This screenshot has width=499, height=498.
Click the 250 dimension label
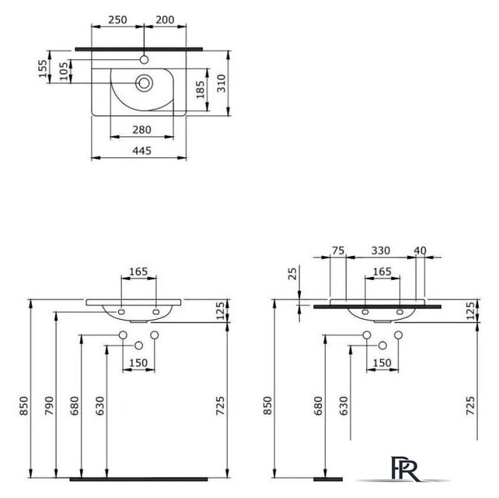(117, 19)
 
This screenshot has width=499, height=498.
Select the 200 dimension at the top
(165, 19)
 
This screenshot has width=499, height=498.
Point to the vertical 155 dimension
(43, 68)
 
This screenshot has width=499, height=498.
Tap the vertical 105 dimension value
(64, 71)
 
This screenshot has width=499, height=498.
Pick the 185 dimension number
(201, 89)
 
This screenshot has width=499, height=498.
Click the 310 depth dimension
(222, 83)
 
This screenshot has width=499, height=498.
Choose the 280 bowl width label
(142, 130)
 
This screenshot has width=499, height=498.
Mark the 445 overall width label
(142, 151)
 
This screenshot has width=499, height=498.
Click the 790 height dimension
(49, 405)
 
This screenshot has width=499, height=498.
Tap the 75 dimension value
(338, 251)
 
